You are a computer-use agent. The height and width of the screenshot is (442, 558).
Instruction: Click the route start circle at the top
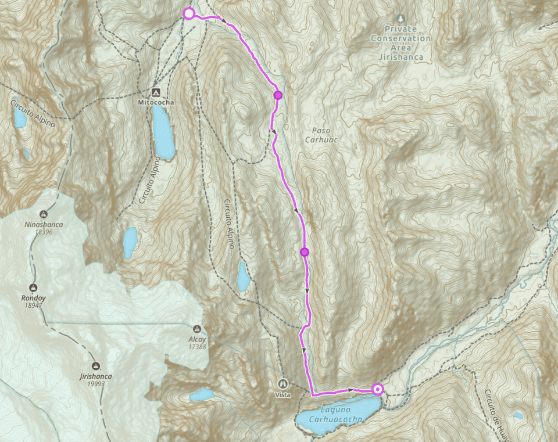coord(188,13)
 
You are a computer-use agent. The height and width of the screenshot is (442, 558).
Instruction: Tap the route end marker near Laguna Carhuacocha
coord(378,389)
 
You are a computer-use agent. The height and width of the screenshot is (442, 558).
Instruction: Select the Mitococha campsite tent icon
coord(155,92)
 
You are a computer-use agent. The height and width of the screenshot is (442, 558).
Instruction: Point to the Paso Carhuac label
coord(321,135)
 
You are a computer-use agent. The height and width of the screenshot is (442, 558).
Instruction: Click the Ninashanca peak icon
coord(44,214)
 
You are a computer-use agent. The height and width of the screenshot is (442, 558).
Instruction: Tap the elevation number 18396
coord(44,232)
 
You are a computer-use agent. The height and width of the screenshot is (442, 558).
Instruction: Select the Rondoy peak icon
coord(33,288)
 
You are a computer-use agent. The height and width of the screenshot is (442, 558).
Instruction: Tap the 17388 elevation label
coord(198,347)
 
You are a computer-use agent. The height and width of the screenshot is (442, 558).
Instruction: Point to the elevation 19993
coord(96,383)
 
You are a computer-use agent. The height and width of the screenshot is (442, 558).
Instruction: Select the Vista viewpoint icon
coord(283,383)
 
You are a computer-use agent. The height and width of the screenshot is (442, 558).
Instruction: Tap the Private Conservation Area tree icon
coord(402,19)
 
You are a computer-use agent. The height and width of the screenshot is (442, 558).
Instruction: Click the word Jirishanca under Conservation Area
coord(402,58)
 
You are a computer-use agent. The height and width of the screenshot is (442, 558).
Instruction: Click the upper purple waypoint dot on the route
coord(278,95)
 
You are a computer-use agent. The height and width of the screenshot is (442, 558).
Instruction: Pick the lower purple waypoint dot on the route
coord(304,252)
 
